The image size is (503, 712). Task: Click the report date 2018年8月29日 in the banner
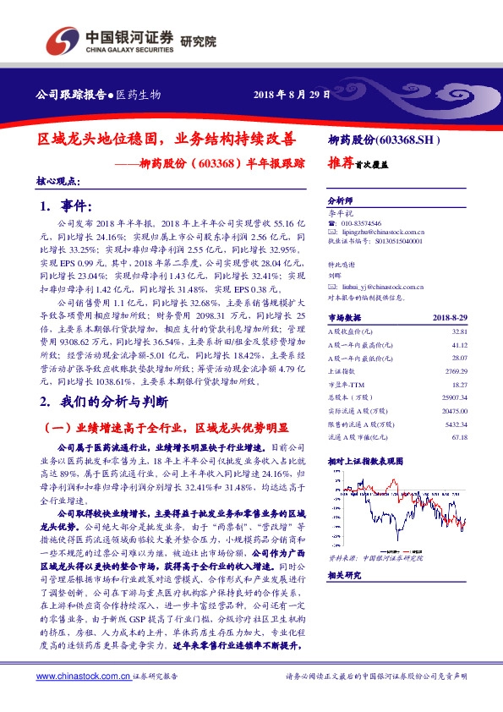291,94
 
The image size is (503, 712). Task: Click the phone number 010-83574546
358,220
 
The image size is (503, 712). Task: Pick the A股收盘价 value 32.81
458,332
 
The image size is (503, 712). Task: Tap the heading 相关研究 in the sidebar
344,575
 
